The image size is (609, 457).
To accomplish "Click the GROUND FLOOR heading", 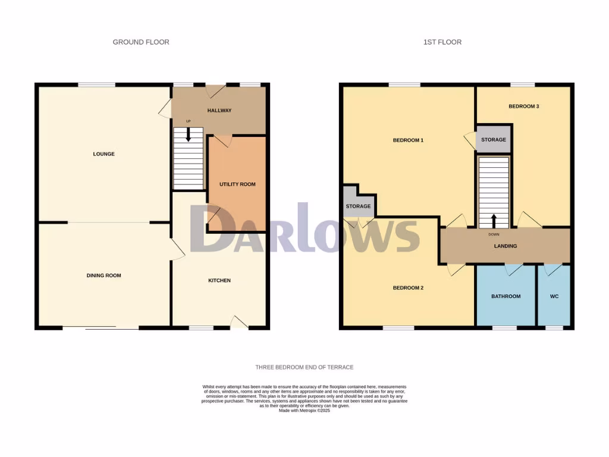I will click(141, 42).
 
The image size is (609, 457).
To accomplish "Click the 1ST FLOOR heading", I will click(442, 42).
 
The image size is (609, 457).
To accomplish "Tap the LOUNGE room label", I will click(103, 154).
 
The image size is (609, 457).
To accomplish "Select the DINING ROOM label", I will click(104, 276).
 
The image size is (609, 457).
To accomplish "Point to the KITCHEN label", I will click(219, 280).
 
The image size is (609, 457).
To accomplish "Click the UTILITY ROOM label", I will click(237, 184).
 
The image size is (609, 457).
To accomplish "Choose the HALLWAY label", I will click(219, 111).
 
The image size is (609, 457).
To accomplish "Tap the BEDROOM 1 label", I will click(408, 140).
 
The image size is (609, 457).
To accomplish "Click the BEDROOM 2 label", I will click(408, 288).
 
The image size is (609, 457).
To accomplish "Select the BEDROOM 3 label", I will click(523, 107).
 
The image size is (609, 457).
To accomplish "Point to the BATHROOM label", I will click(506, 296).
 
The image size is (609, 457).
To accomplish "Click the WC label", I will click(554, 296).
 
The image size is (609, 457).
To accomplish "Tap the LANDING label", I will click(506, 246).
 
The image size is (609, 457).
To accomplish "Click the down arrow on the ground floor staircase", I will click(189, 135).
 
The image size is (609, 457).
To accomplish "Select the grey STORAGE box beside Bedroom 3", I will click(494, 140).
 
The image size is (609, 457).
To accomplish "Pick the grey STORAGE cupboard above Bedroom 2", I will click(358, 205).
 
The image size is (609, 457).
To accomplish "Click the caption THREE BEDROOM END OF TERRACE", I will click(304, 367).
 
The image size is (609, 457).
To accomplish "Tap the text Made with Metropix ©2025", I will click(304, 411).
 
